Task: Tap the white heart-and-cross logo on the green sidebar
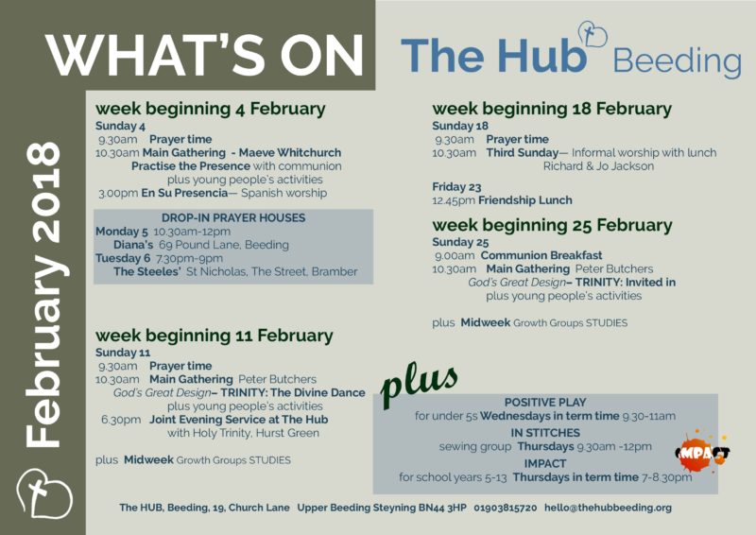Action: [44, 493]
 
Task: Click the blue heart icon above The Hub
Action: [593, 34]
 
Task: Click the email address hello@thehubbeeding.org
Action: [608, 508]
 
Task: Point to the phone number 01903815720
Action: [506, 508]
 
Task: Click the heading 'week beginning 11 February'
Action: [215, 336]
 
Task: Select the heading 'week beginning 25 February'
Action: [552, 225]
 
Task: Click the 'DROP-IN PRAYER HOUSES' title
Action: [233, 217]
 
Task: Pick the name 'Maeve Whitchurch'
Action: [290, 152]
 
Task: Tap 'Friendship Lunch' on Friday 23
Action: [525, 200]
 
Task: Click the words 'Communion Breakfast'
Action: [541, 255]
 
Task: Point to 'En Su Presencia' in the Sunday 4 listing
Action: [184, 193]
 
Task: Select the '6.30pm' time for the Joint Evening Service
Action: [121, 420]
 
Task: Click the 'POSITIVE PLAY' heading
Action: [545, 403]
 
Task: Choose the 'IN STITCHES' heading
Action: [545, 433]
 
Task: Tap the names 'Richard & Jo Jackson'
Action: [598, 166]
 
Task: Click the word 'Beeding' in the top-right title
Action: [677, 60]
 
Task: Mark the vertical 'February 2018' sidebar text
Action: [43, 295]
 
